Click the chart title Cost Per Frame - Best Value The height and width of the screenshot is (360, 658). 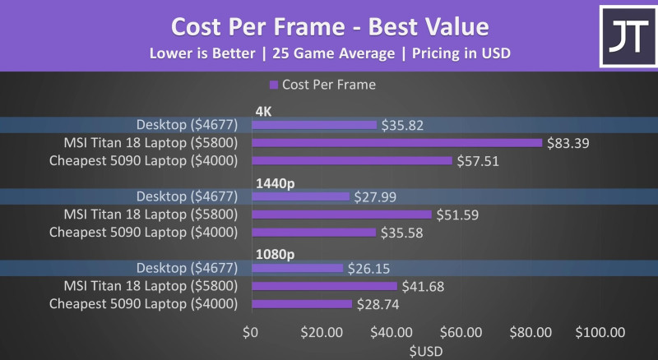coord(329,25)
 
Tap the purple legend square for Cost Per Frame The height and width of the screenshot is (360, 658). coord(273,84)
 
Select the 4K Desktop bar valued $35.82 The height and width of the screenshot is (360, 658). coord(313,125)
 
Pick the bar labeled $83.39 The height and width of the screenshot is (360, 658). coord(396,143)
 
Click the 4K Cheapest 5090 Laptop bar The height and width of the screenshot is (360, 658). coord(351,160)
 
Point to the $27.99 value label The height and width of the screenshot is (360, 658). coord(375,197)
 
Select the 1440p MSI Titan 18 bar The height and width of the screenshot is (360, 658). coord(341,215)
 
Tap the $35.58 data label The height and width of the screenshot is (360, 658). coord(403,233)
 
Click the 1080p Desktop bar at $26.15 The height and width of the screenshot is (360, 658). coord(296,268)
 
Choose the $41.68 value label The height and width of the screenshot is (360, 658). coord(424,286)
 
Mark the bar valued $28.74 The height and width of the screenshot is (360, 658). coord(301,304)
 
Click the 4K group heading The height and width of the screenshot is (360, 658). coord(264,109)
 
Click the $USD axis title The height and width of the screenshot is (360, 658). coord(426,350)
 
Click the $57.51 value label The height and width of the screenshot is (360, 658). coord(480,161)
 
